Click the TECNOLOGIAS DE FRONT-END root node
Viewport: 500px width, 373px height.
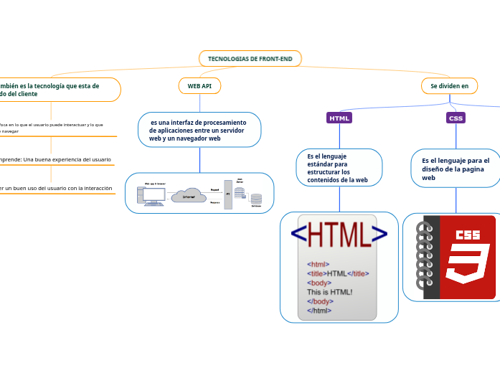(250, 58)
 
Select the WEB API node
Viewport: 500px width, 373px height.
(199, 86)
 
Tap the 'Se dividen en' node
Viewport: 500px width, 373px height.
(449, 86)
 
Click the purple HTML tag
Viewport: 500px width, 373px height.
(339, 118)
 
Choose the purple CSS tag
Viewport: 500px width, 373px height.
(456, 118)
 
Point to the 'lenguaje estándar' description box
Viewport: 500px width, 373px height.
(339, 167)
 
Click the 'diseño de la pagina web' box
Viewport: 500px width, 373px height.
(456, 169)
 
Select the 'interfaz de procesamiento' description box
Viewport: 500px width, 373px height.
(199, 130)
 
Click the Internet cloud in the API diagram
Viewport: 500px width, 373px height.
(189, 195)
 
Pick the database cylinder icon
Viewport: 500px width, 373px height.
(256, 199)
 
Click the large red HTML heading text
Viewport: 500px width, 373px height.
(339, 235)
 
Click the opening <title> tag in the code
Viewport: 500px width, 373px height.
(316, 273)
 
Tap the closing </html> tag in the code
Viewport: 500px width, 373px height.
(319, 311)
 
